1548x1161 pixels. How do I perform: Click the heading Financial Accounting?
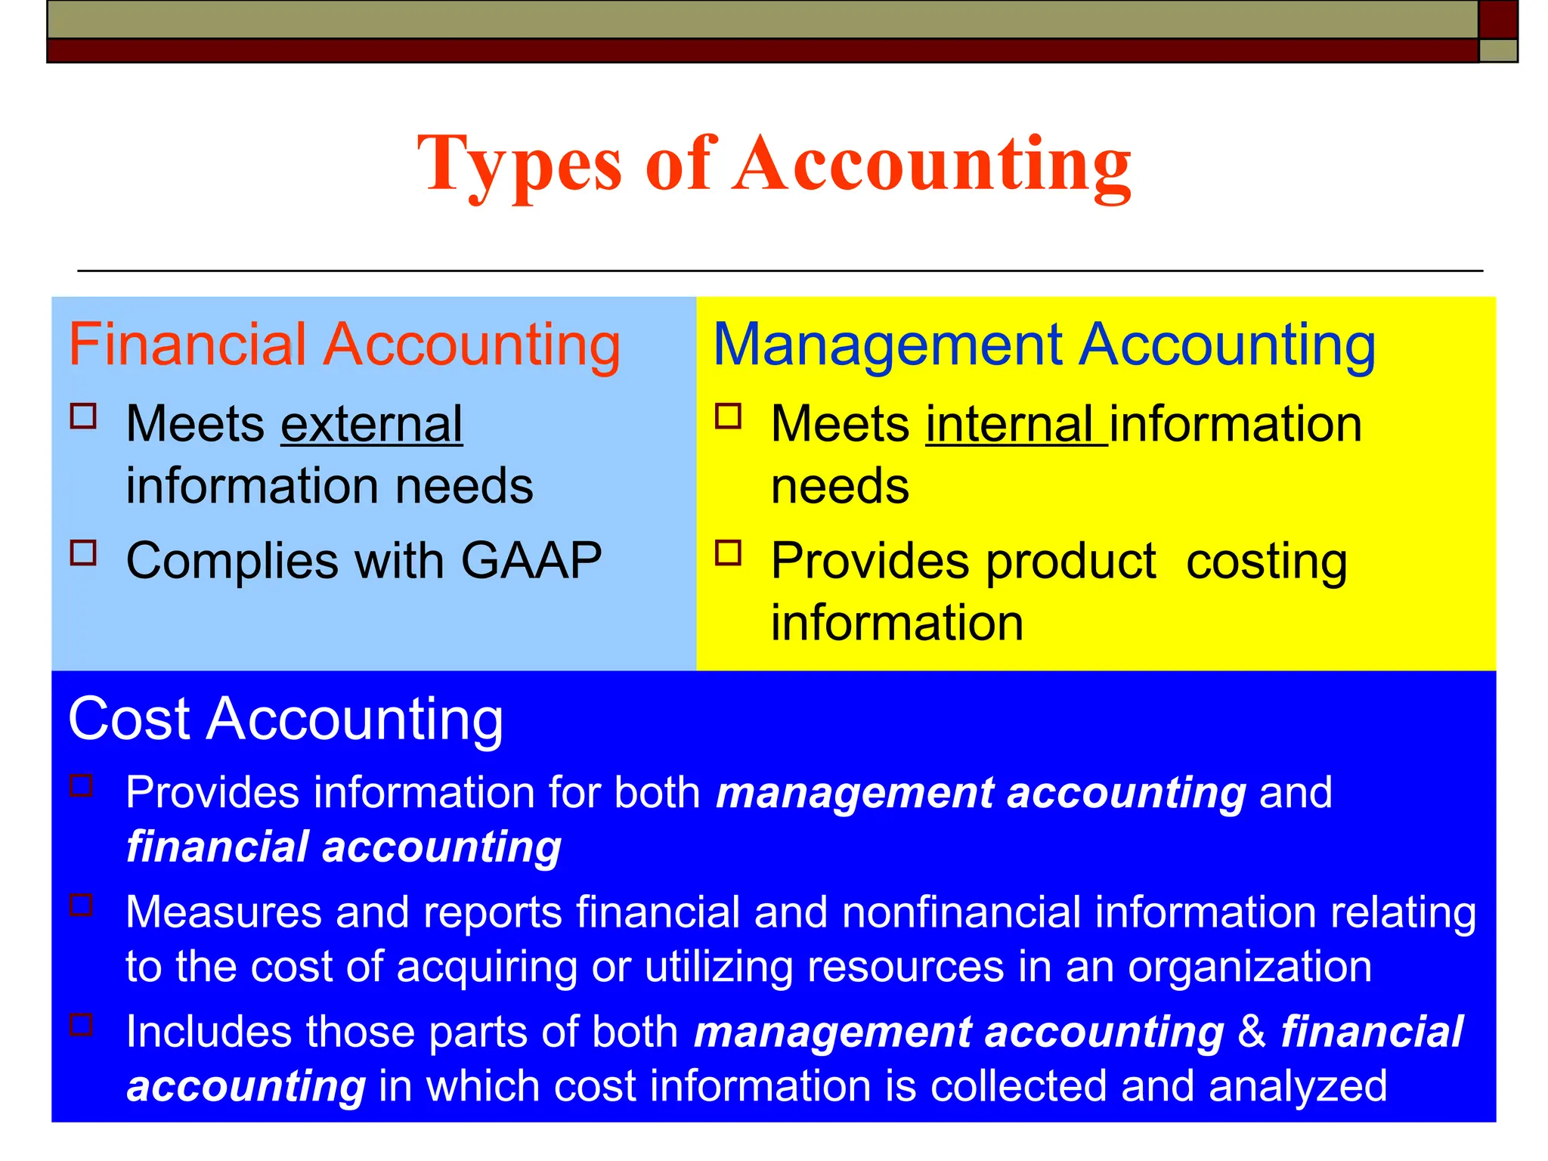(345, 345)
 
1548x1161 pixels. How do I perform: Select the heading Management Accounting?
(1044, 345)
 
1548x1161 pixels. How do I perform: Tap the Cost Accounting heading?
(286, 719)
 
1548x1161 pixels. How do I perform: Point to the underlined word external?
(371, 424)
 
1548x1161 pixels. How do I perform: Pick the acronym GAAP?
(531, 561)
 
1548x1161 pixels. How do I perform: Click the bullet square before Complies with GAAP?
(83, 553)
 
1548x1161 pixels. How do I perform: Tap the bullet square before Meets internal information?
(729, 416)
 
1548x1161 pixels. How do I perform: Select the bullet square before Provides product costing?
(729, 553)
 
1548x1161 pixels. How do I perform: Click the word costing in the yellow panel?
(1267, 562)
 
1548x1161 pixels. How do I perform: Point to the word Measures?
(224, 912)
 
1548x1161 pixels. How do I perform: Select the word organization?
(1249, 967)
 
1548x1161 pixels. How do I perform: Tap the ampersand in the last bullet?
(1252, 1032)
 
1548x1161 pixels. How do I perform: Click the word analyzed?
(1298, 1087)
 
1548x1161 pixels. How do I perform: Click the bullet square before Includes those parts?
(82, 1025)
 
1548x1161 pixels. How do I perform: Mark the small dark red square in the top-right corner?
(1497, 19)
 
